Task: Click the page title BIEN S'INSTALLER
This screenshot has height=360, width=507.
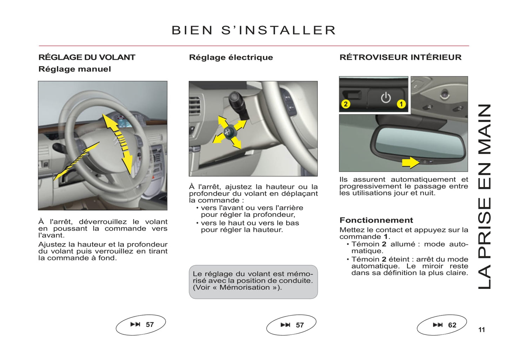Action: point(254,31)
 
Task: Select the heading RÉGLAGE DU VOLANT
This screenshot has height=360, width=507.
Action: point(87,57)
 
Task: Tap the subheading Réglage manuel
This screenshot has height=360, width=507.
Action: point(74,69)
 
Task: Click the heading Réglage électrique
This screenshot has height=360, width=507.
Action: point(231,57)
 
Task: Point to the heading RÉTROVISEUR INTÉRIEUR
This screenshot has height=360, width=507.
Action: point(400,57)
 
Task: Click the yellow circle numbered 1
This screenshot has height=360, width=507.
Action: point(401,104)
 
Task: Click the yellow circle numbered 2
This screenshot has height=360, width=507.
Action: point(346,104)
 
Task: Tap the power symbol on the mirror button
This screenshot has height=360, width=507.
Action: point(386,97)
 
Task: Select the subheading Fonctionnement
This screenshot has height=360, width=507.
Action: point(376,220)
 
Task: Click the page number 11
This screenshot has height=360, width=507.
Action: point(481,330)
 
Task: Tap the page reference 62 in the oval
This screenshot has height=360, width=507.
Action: point(452,325)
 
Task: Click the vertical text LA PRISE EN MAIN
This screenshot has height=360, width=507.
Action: point(485,196)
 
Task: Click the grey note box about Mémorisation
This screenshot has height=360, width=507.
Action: point(253,281)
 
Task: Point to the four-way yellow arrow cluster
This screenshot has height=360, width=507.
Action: point(229,132)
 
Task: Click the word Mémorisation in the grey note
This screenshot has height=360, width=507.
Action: point(245,287)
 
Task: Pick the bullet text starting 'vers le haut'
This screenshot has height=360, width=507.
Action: point(250,226)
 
